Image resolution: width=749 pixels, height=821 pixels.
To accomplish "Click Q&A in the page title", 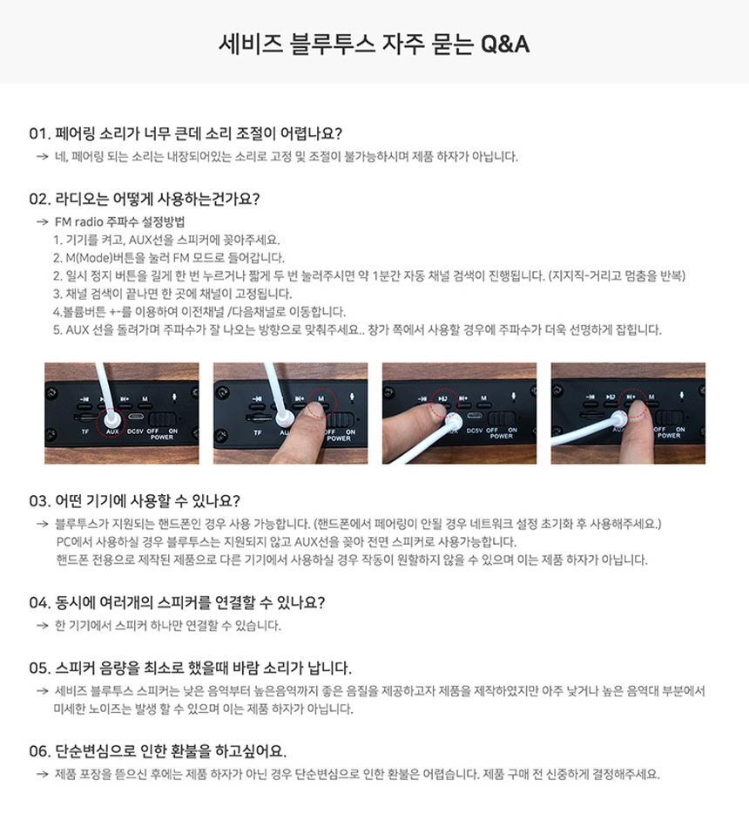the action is point(505,44).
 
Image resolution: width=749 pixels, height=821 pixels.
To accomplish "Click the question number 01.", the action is point(38,134).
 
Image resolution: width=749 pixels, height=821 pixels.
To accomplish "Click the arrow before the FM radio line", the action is point(43,222).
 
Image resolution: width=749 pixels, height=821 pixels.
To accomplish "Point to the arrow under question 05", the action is point(43,691).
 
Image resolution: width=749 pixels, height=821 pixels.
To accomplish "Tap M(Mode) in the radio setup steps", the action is point(89,258).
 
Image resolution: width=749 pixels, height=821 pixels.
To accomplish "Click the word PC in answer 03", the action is point(63,541).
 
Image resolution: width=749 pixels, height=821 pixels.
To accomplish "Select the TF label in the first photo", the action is point(85,432).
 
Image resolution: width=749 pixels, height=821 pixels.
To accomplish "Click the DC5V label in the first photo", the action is point(135,431).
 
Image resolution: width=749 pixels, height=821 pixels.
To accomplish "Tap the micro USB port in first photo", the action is point(137,417).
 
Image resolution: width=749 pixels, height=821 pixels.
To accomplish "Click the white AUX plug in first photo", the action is point(112,419).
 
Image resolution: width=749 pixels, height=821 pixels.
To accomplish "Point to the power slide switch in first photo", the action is point(163,418).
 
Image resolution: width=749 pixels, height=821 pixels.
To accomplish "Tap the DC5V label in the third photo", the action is point(474,431).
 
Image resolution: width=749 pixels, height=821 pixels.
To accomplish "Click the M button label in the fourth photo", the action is point(651,397).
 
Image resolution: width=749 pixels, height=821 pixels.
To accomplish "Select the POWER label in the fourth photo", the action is point(669,436).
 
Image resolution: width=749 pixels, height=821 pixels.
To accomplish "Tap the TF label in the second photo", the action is point(257,432).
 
